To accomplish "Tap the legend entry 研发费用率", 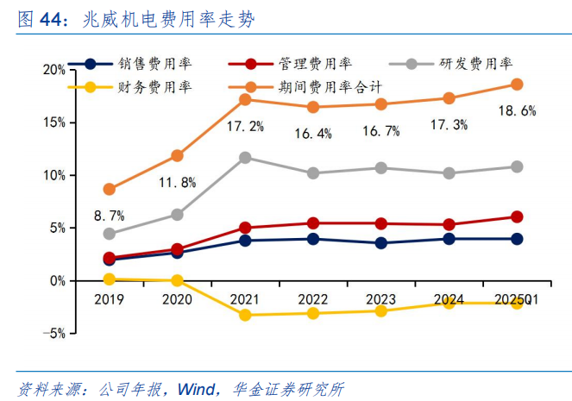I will [x=475, y=64].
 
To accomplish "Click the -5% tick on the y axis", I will [x=53, y=334].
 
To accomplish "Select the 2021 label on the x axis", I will [x=245, y=299].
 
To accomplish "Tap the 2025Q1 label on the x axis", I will [x=517, y=299].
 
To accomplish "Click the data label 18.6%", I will [x=517, y=110].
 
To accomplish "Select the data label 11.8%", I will [x=177, y=182].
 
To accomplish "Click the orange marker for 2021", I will [x=245, y=100].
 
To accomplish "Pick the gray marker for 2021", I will [x=245, y=158].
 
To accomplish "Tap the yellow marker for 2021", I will [x=245, y=315].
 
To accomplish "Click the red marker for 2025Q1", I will [x=517, y=216].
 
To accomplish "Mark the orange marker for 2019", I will [x=109, y=189].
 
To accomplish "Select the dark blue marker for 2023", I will [x=380, y=243].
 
